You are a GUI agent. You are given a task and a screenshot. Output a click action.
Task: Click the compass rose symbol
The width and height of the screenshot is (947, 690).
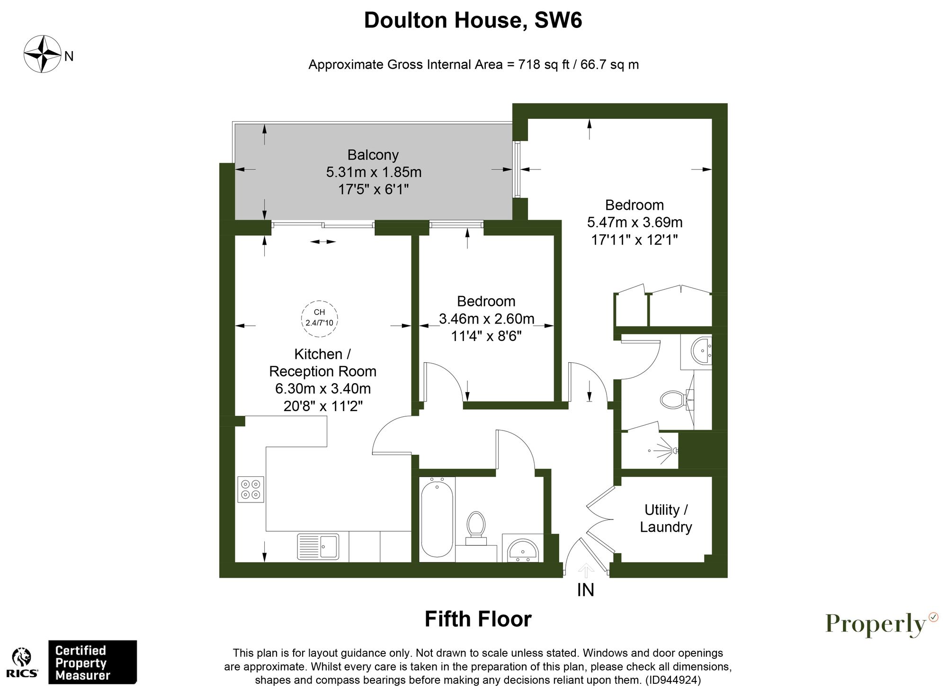coord(43,54)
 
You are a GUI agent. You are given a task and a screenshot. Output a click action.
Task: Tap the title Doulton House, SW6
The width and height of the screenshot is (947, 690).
coord(473,20)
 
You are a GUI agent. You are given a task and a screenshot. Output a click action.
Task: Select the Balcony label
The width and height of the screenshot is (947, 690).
coord(373,155)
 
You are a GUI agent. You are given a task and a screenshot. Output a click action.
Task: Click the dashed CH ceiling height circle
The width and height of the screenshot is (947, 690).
coord(320,318)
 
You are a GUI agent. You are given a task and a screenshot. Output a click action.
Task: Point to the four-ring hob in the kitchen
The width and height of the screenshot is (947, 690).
coord(250,489)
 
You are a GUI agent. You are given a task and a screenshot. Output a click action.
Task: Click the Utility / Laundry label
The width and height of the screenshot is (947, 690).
coord(666,518)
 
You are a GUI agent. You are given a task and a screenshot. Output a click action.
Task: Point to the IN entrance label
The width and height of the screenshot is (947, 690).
coord(586,590)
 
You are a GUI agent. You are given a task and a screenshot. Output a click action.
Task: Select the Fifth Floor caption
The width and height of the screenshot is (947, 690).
coord(478,619)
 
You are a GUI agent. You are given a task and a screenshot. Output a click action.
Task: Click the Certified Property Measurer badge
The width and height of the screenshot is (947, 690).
coord(92,662)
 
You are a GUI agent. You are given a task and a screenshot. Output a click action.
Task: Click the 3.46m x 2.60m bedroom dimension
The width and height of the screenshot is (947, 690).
coord(486,319)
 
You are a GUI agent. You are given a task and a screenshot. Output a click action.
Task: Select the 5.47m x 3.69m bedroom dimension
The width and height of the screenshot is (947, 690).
coord(634,222)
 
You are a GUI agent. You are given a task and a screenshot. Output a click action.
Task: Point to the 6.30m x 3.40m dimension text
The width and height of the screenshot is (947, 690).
coord(323,389)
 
